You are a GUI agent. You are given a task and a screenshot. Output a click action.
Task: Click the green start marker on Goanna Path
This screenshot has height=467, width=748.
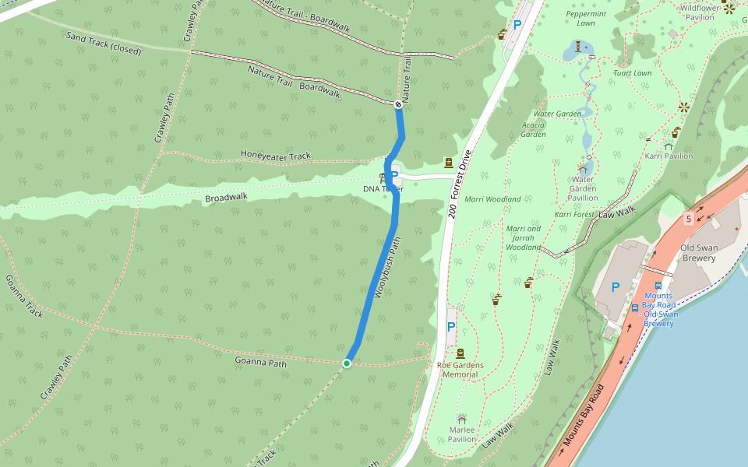click(347, 363)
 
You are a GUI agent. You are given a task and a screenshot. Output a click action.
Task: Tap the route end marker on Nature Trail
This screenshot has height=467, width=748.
click(398, 104)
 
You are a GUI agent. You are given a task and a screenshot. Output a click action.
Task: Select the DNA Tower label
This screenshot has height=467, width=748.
click(383, 189)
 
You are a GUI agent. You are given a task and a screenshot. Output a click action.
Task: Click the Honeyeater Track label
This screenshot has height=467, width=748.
click(275, 156)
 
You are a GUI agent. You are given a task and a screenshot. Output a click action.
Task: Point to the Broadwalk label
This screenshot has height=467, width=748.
click(226, 198)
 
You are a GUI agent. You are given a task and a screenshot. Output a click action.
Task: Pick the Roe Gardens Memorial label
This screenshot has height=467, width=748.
click(460, 370)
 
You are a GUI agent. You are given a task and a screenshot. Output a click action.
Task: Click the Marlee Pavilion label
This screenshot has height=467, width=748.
click(462, 434)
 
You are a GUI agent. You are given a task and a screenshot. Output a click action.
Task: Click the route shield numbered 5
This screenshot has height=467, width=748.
click(688, 219)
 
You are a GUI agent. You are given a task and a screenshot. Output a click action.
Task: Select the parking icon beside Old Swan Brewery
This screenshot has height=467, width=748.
click(616, 287)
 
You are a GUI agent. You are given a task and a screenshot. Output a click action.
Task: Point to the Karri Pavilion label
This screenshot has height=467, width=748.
click(669, 156)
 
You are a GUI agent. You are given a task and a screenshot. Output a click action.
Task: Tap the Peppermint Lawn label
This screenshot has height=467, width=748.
click(585, 19)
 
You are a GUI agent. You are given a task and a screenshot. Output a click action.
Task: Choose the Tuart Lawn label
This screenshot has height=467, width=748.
click(632, 73)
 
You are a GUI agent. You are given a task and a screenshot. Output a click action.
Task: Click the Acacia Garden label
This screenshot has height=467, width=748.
click(533, 129)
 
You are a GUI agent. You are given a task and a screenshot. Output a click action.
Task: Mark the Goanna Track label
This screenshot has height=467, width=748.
click(24, 296)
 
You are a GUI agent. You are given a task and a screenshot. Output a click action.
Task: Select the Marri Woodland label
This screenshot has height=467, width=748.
click(492, 199)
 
